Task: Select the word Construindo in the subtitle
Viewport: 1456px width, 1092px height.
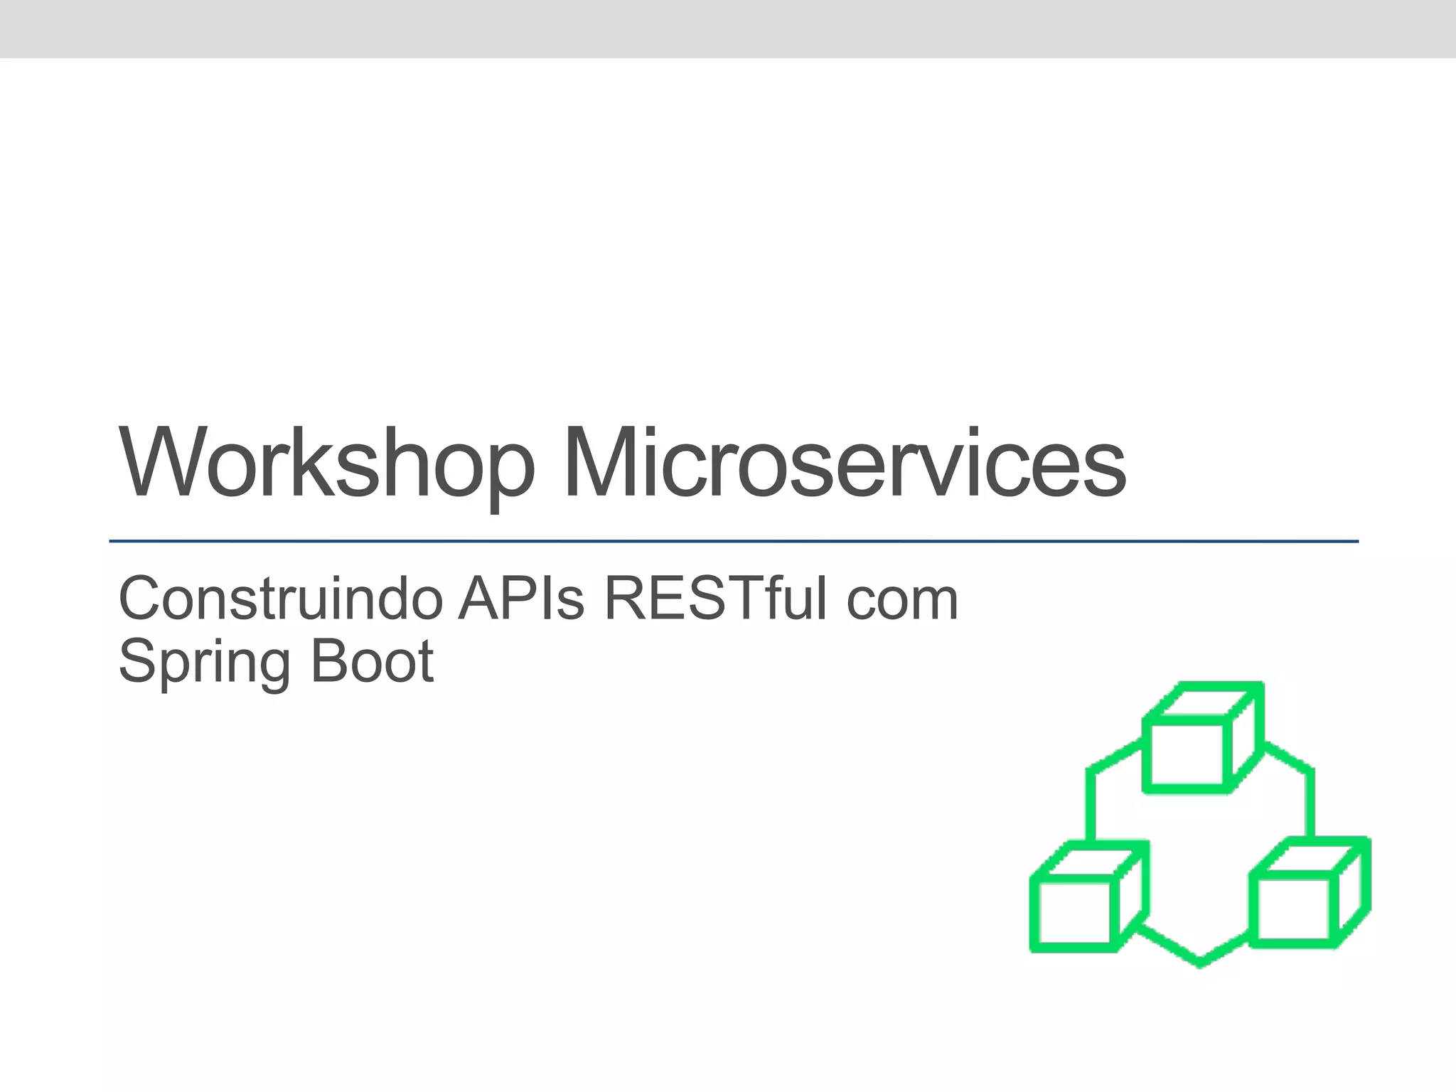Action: coord(281,599)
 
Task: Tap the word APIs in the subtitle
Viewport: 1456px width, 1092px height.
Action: coord(522,599)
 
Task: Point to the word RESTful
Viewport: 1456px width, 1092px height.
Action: coord(716,599)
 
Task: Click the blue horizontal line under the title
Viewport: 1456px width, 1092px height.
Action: coord(732,542)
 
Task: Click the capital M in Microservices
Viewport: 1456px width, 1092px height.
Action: coord(600,462)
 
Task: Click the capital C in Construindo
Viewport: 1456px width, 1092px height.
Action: coord(139,599)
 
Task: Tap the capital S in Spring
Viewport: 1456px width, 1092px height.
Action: coord(138,661)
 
